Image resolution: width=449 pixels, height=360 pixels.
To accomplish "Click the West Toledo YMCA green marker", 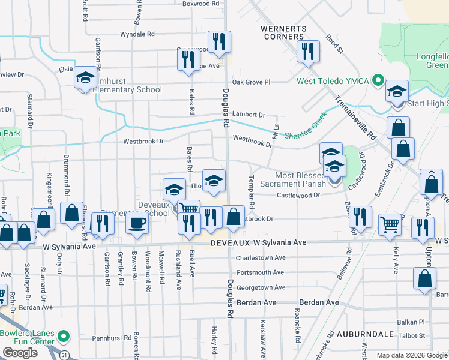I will [x=378, y=80].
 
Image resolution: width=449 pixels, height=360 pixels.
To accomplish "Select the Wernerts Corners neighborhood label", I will [x=283, y=32].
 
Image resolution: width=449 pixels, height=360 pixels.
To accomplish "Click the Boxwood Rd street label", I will [x=201, y=4].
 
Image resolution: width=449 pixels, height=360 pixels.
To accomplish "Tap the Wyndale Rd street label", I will [x=137, y=34].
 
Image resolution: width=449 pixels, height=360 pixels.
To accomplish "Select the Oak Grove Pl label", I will [x=252, y=82].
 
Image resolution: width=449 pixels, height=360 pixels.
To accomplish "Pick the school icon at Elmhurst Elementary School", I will [x=85, y=78].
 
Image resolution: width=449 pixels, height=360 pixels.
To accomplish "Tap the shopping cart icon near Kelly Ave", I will [x=390, y=225].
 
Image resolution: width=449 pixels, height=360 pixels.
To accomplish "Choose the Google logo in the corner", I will [x=20, y=353].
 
